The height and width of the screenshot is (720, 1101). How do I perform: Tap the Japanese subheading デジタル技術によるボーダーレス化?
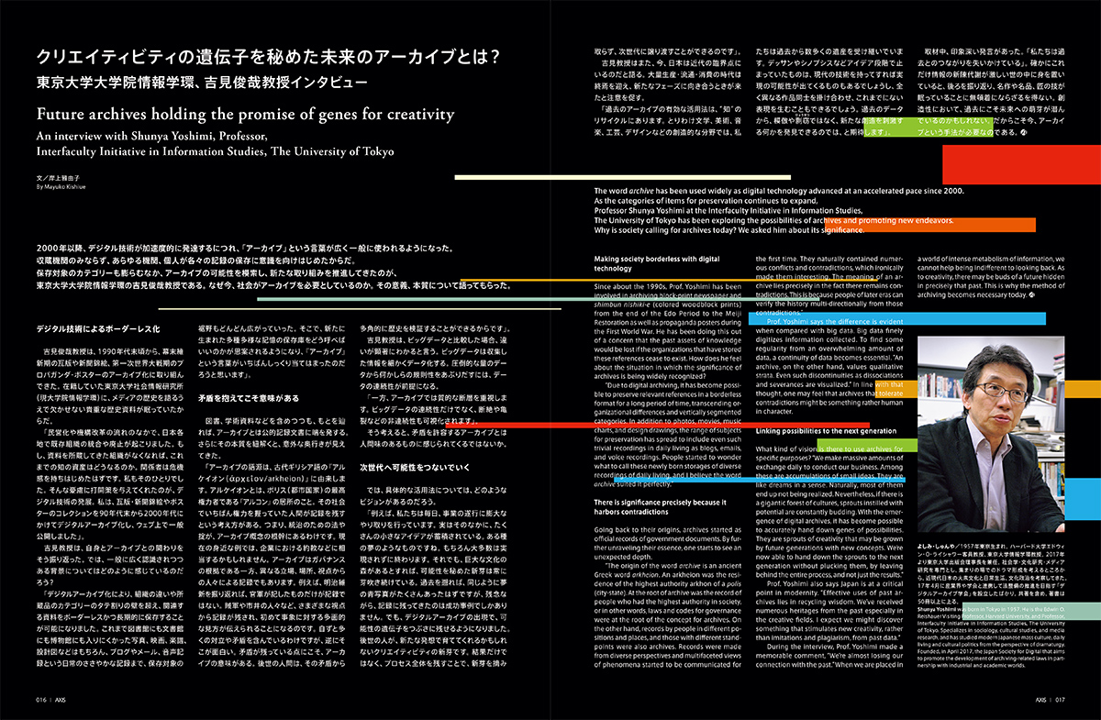click(98, 327)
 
